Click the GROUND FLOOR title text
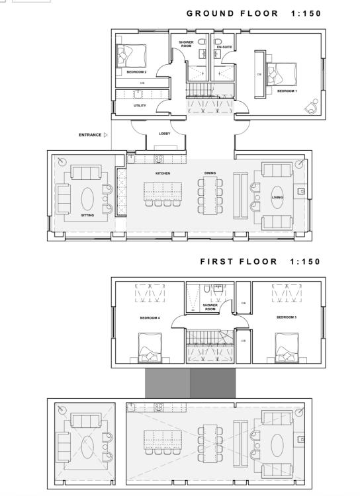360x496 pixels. coord(232,13)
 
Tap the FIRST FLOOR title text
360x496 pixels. coord(238,262)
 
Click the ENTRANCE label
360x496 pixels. coord(90,135)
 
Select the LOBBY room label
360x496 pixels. coord(164,134)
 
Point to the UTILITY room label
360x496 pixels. coord(140,105)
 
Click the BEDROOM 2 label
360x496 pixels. coord(136,72)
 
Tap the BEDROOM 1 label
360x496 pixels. coord(287,91)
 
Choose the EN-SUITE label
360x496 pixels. coord(224,47)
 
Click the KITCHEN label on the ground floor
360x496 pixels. coord(163,173)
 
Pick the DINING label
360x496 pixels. coord(210,173)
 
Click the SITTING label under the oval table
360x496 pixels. coord(87,215)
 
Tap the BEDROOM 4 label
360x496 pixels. coord(150,317)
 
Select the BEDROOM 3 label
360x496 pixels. coord(287,317)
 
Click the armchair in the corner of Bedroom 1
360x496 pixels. coord(312,106)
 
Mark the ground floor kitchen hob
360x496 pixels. coord(159,159)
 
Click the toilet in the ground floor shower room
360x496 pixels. coord(202,42)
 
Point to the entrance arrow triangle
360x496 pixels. coord(106,135)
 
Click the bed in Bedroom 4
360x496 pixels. coord(150,348)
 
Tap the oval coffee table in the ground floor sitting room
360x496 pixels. coord(87,198)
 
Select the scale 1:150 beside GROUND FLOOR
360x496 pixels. coord(306,13)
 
